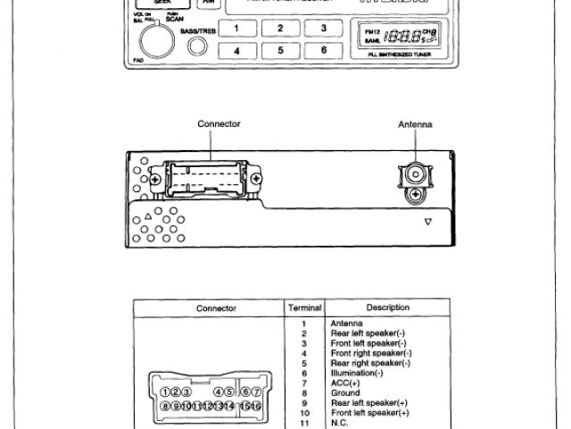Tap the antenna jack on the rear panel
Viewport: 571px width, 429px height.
click(414, 172)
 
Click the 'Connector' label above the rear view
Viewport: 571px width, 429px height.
click(219, 124)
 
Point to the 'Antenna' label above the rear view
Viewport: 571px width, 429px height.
click(415, 124)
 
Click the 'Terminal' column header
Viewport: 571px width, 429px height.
click(304, 307)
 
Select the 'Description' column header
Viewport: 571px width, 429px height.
click(387, 307)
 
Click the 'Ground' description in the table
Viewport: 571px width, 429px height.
click(345, 392)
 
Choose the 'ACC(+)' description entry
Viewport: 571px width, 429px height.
click(345, 383)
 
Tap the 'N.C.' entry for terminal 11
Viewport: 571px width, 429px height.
click(339, 423)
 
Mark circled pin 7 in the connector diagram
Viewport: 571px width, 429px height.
click(256, 392)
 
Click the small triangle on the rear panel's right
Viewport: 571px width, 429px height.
click(428, 221)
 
